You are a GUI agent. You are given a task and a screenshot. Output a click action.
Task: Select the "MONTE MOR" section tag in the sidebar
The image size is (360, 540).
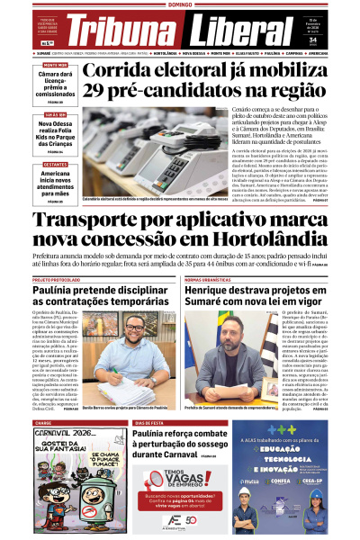(x=56, y=66)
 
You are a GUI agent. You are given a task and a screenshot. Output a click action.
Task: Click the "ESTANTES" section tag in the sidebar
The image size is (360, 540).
(x=56, y=165)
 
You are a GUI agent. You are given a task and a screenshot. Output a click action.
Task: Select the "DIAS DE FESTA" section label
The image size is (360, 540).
(x=150, y=422)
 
